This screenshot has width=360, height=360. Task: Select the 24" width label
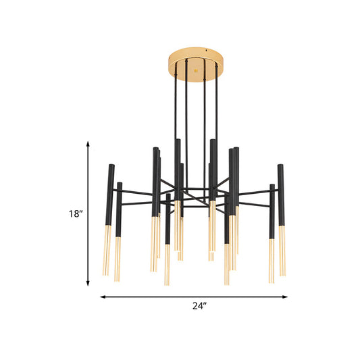click(199, 306)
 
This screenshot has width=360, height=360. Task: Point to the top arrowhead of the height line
click(88, 143)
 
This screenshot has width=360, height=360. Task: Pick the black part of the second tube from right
click(272, 209)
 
